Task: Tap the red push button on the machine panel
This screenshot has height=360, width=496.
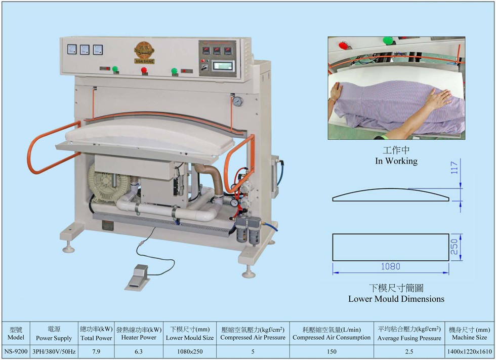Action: pos(144,70)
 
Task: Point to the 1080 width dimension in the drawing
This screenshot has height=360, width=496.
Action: pos(390,266)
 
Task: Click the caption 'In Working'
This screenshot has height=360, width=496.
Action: pos(396,161)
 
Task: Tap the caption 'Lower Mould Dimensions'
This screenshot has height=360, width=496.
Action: pos(396,299)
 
